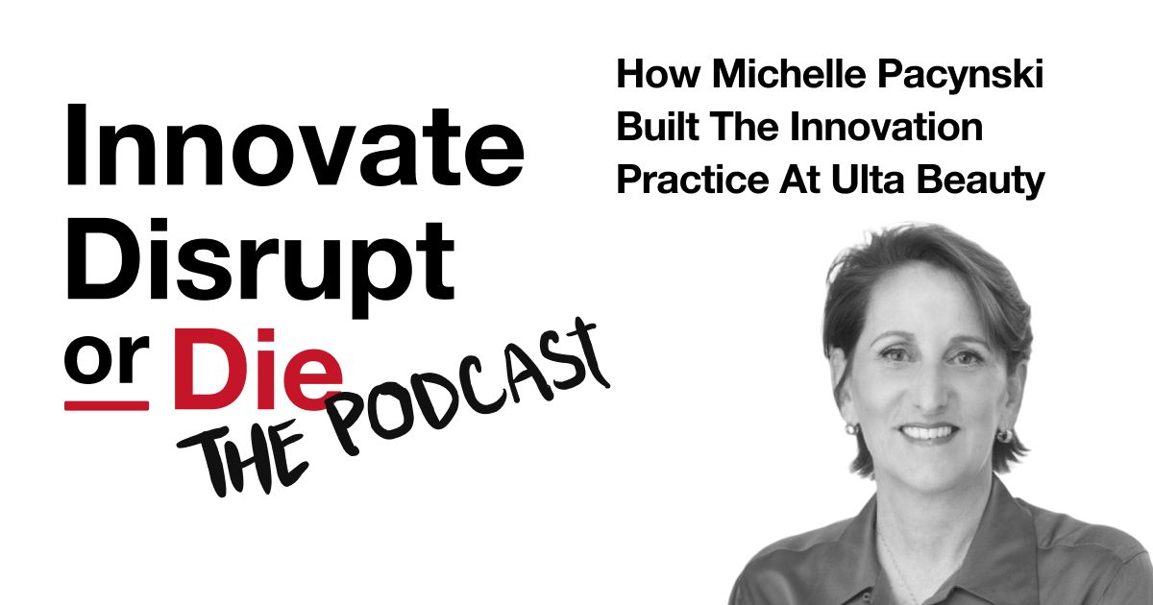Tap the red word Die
259,369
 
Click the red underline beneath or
106,405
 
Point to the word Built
653,128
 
